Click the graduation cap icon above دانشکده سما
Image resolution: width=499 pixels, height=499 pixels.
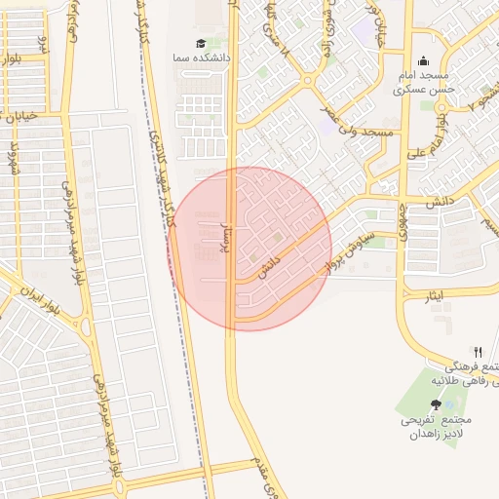pyautogui.click(x=201, y=44)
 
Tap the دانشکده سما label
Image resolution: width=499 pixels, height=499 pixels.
pyautogui.click(x=201, y=58)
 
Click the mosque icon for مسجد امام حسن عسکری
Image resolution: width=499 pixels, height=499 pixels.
pyautogui.click(x=424, y=60)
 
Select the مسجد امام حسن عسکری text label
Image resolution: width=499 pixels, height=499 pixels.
pyautogui.click(x=424, y=82)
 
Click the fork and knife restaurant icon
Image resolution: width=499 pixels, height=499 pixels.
pyautogui.click(x=478, y=352)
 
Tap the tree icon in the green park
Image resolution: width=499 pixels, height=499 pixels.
pyautogui.click(x=435, y=403)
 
